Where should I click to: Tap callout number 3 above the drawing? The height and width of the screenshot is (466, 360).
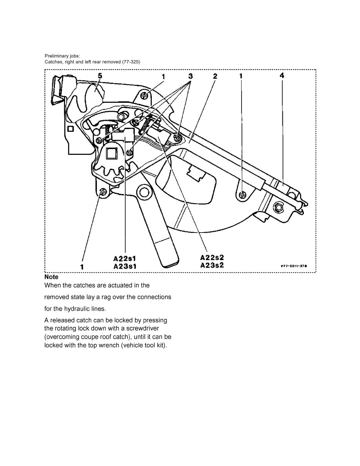click(x=191, y=76)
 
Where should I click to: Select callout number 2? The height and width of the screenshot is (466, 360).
click(x=215, y=76)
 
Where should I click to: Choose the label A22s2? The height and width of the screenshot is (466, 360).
click(x=212, y=257)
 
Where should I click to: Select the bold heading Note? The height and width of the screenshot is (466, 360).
click(x=51, y=277)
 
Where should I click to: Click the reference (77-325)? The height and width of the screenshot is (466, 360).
click(x=131, y=62)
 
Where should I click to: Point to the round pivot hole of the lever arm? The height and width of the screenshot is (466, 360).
click(x=145, y=192)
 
